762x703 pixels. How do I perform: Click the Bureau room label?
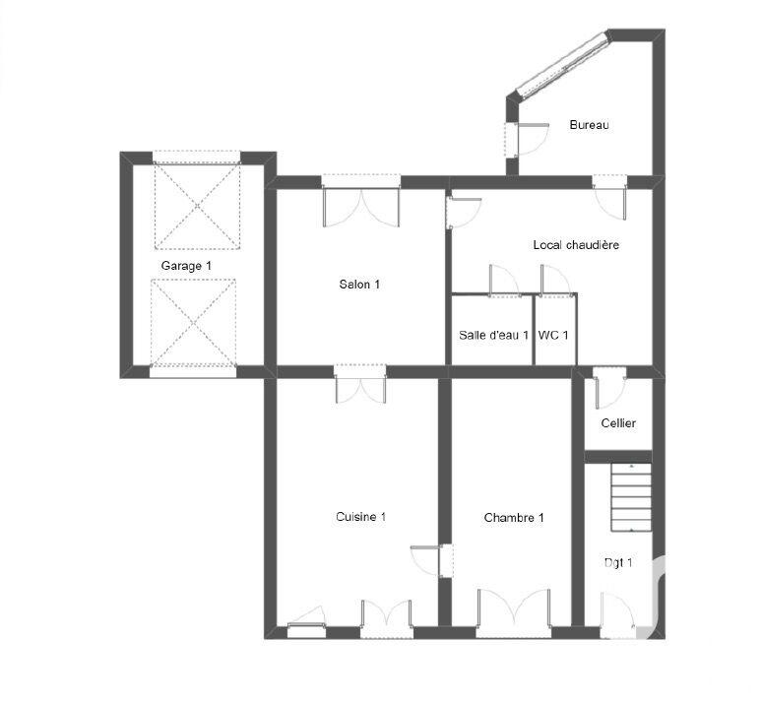click(590, 125)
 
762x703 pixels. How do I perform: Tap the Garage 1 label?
click(186, 266)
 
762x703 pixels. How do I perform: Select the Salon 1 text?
click(359, 285)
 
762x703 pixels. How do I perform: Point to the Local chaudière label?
click(576, 244)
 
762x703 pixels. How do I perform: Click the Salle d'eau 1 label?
click(493, 335)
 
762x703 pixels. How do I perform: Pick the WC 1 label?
click(553, 335)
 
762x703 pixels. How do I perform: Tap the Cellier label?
click(618, 423)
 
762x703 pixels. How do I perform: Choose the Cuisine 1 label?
click(360, 517)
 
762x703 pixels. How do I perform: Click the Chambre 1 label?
click(514, 517)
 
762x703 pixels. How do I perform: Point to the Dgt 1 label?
click(617, 563)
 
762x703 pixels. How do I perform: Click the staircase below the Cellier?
click(631, 498)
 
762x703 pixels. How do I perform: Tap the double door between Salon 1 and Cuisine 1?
click(360, 385)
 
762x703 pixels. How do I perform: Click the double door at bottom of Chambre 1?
click(513, 610)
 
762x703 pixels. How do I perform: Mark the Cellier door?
click(608, 388)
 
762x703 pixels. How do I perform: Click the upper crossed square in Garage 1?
click(197, 208)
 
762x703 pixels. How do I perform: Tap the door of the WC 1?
click(555, 280)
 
